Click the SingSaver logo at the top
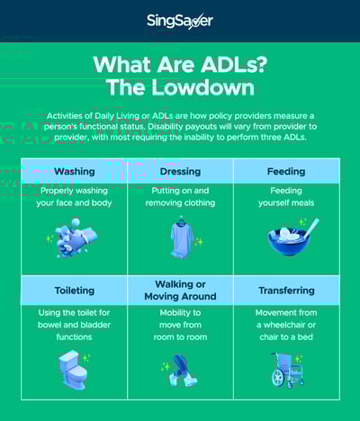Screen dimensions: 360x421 [x=180, y=21]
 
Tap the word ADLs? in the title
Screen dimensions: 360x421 [x=233, y=64]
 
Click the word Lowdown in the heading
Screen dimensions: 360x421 [x=202, y=87]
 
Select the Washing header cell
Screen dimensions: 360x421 [x=75, y=171]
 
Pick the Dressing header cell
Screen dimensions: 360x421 [x=180, y=171]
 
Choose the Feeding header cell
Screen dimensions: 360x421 [x=286, y=171]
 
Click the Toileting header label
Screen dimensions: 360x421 [x=75, y=291]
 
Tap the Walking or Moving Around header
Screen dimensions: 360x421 [x=180, y=291]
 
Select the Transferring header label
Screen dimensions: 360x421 [x=286, y=291]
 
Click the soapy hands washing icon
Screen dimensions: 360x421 [x=75, y=237]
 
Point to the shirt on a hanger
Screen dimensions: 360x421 [x=182, y=237]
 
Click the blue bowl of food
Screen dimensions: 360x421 [x=289, y=240]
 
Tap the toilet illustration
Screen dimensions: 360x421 [x=73, y=370]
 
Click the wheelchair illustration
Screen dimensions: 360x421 [x=287, y=371]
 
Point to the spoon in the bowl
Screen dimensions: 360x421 [x=311, y=228]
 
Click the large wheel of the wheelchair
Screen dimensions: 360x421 [x=278, y=377]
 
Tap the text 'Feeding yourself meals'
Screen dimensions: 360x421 [x=286, y=197]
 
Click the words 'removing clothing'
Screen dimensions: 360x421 [x=180, y=203]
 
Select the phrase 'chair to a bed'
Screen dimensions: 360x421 [x=286, y=337]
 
